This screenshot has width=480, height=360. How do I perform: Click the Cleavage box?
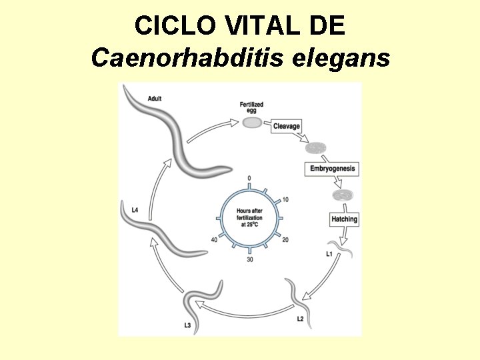click(287, 127)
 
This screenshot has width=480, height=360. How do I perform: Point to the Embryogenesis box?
click(333, 169)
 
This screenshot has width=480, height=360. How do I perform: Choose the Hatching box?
click(344, 219)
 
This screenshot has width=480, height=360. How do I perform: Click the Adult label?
click(155, 99)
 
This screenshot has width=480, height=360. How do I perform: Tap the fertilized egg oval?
click(251, 123)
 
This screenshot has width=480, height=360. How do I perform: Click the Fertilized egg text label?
click(251, 107)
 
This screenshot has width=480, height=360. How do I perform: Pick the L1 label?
click(329, 254)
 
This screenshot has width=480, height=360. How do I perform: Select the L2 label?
click(301, 319)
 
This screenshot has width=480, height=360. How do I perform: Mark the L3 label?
click(188, 325)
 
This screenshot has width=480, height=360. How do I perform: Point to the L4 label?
click(135, 210)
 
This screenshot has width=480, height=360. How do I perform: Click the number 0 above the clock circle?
click(249, 178)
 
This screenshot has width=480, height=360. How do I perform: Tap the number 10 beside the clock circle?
click(285, 199)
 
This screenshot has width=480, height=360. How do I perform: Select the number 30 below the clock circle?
click(249, 259)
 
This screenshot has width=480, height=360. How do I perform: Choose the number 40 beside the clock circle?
click(213, 239)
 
